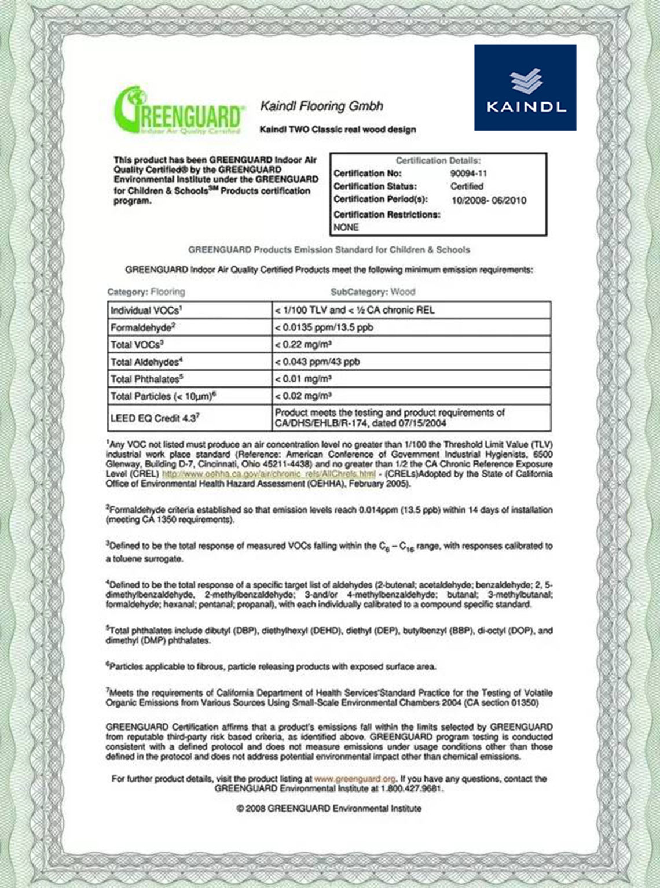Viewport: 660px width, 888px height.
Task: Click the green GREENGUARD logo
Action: pos(178,112)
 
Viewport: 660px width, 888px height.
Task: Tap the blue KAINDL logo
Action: pos(525,87)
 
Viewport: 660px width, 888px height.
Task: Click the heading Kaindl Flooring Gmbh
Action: pos(321,106)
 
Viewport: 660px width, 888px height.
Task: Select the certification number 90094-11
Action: pos(468,173)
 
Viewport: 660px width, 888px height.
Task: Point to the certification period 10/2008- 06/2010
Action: pos(489,200)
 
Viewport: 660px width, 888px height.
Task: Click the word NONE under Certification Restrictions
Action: pos(346,227)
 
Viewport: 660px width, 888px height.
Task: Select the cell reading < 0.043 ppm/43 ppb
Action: pos(317,362)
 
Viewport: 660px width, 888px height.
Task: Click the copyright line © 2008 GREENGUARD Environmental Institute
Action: pos(329,808)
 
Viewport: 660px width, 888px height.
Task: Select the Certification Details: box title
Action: pos(438,160)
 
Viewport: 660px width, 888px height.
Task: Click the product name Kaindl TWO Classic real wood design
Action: pos(338,130)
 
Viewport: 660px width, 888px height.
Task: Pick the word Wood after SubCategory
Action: pos(403,292)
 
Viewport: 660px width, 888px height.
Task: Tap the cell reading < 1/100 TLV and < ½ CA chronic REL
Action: pos(354,310)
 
